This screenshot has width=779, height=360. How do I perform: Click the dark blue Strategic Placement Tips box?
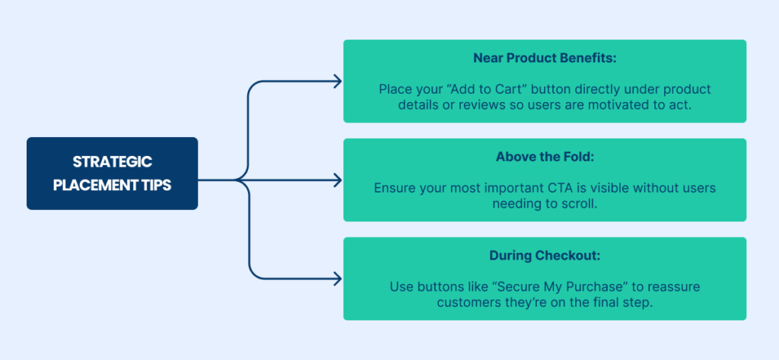[x=113, y=173]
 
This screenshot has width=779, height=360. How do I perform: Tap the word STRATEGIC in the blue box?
[x=113, y=161]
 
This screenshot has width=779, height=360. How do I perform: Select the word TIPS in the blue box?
[x=160, y=185]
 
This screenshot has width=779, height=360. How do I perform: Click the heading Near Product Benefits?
[x=545, y=58]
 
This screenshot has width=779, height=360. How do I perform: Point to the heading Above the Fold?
[x=545, y=157]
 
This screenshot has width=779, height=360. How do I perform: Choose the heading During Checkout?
[x=545, y=256]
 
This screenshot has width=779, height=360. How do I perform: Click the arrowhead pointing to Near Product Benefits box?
[x=338, y=81]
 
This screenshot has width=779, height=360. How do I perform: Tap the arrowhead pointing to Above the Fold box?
[x=338, y=180]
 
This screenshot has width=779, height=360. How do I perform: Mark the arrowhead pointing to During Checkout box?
[x=338, y=279]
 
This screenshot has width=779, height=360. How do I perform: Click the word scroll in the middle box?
[x=579, y=204]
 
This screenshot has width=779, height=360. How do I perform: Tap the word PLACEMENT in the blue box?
[x=98, y=185]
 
